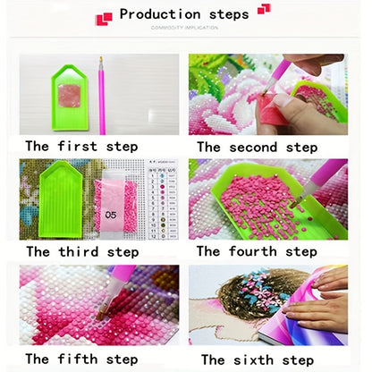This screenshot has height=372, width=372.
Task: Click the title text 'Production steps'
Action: pyautogui.click(x=185, y=14)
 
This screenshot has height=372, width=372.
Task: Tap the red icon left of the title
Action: pyautogui.click(x=105, y=17)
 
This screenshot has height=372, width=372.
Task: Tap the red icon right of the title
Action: pyautogui.click(x=264, y=10)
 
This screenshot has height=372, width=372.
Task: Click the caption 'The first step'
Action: pyautogui.click(x=81, y=146)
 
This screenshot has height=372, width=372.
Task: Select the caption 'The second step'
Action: pyautogui.click(x=257, y=147)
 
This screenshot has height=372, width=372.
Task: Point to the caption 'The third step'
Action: pyautogui.click(x=81, y=251)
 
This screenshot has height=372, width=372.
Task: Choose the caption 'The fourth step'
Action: pyautogui.click(x=257, y=251)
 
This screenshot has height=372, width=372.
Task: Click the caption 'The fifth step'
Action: pyautogui.click(x=81, y=359)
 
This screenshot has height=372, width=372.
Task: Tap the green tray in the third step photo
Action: pyautogui.click(x=62, y=202)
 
